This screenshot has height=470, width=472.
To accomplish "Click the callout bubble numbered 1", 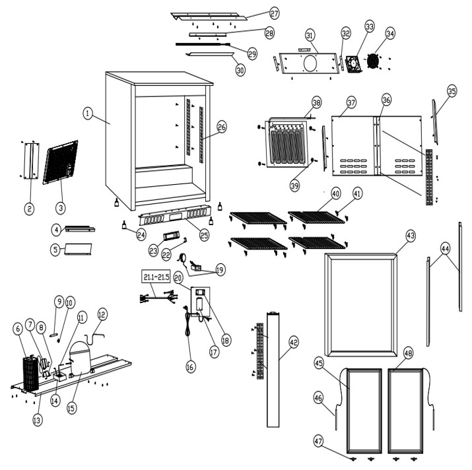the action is [x=88, y=114].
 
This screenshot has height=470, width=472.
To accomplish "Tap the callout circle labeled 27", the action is [x=274, y=13].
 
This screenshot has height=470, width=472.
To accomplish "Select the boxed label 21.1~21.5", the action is [x=156, y=277].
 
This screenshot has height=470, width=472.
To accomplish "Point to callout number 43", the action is [x=411, y=236].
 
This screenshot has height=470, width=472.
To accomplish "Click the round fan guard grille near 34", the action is [x=372, y=61].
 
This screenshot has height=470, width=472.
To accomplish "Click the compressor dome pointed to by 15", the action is [x=80, y=358].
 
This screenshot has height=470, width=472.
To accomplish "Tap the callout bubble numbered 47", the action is [x=318, y=442].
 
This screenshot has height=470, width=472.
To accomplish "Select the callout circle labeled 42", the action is [x=294, y=343].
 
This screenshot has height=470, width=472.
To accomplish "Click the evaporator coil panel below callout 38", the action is [x=287, y=143].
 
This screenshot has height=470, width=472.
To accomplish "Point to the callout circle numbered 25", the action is [x=205, y=235].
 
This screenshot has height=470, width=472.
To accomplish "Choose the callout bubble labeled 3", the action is [x=61, y=208].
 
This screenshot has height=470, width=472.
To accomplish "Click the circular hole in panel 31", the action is [x=310, y=63].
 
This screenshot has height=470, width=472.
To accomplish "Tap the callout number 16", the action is [x=190, y=367].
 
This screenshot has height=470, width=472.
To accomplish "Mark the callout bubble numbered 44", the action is [x=445, y=249].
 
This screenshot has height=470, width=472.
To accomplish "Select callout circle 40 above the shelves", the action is [x=335, y=193].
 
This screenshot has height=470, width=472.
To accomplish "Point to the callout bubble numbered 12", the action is [x=102, y=315].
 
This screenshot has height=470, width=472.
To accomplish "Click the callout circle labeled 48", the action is [x=408, y=353].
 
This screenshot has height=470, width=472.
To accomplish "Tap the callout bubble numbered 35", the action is [x=452, y=91].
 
